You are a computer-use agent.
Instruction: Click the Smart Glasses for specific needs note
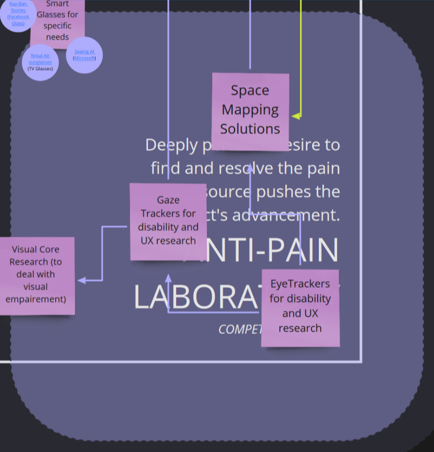pyautogui.click(x=58, y=22)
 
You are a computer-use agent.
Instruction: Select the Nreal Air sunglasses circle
pyautogui.click(x=40, y=62)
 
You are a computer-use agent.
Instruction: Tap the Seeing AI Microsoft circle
pyautogui.click(x=84, y=55)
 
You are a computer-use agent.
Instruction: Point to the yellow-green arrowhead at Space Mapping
pyautogui.click(x=296, y=116)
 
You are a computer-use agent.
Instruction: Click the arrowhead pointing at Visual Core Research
pyautogui.click(x=82, y=280)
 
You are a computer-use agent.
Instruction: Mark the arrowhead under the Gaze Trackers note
pyautogui.click(x=168, y=278)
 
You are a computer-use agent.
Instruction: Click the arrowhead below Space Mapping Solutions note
pyautogui.click(x=250, y=168)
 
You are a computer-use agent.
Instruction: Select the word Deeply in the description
pyautogui.click(x=170, y=144)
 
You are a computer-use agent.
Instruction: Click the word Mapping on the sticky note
pyautogui.click(x=250, y=110)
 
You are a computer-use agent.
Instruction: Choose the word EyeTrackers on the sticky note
pyautogui.click(x=300, y=284)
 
